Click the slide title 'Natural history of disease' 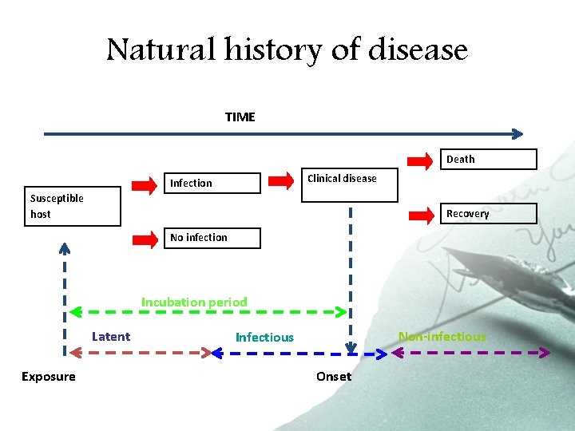[x=287, y=49]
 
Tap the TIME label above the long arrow [x=240, y=117]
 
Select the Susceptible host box [x=73, y=207]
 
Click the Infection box [x=212, y=184]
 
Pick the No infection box [x=214, y=238]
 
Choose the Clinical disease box [x=339, y=186]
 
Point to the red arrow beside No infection [x=145, y=239]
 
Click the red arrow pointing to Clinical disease [x=281, y=181]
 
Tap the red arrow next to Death [x=421, y=160]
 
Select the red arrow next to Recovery [x=421, y=214]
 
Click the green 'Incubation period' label [x=194, y=302]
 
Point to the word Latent [x=111, y=337]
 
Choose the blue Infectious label [x=264, y=338]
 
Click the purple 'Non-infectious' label [x=442, y=337]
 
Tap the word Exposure [x=49, y=377]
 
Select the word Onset [x=333, y=377]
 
